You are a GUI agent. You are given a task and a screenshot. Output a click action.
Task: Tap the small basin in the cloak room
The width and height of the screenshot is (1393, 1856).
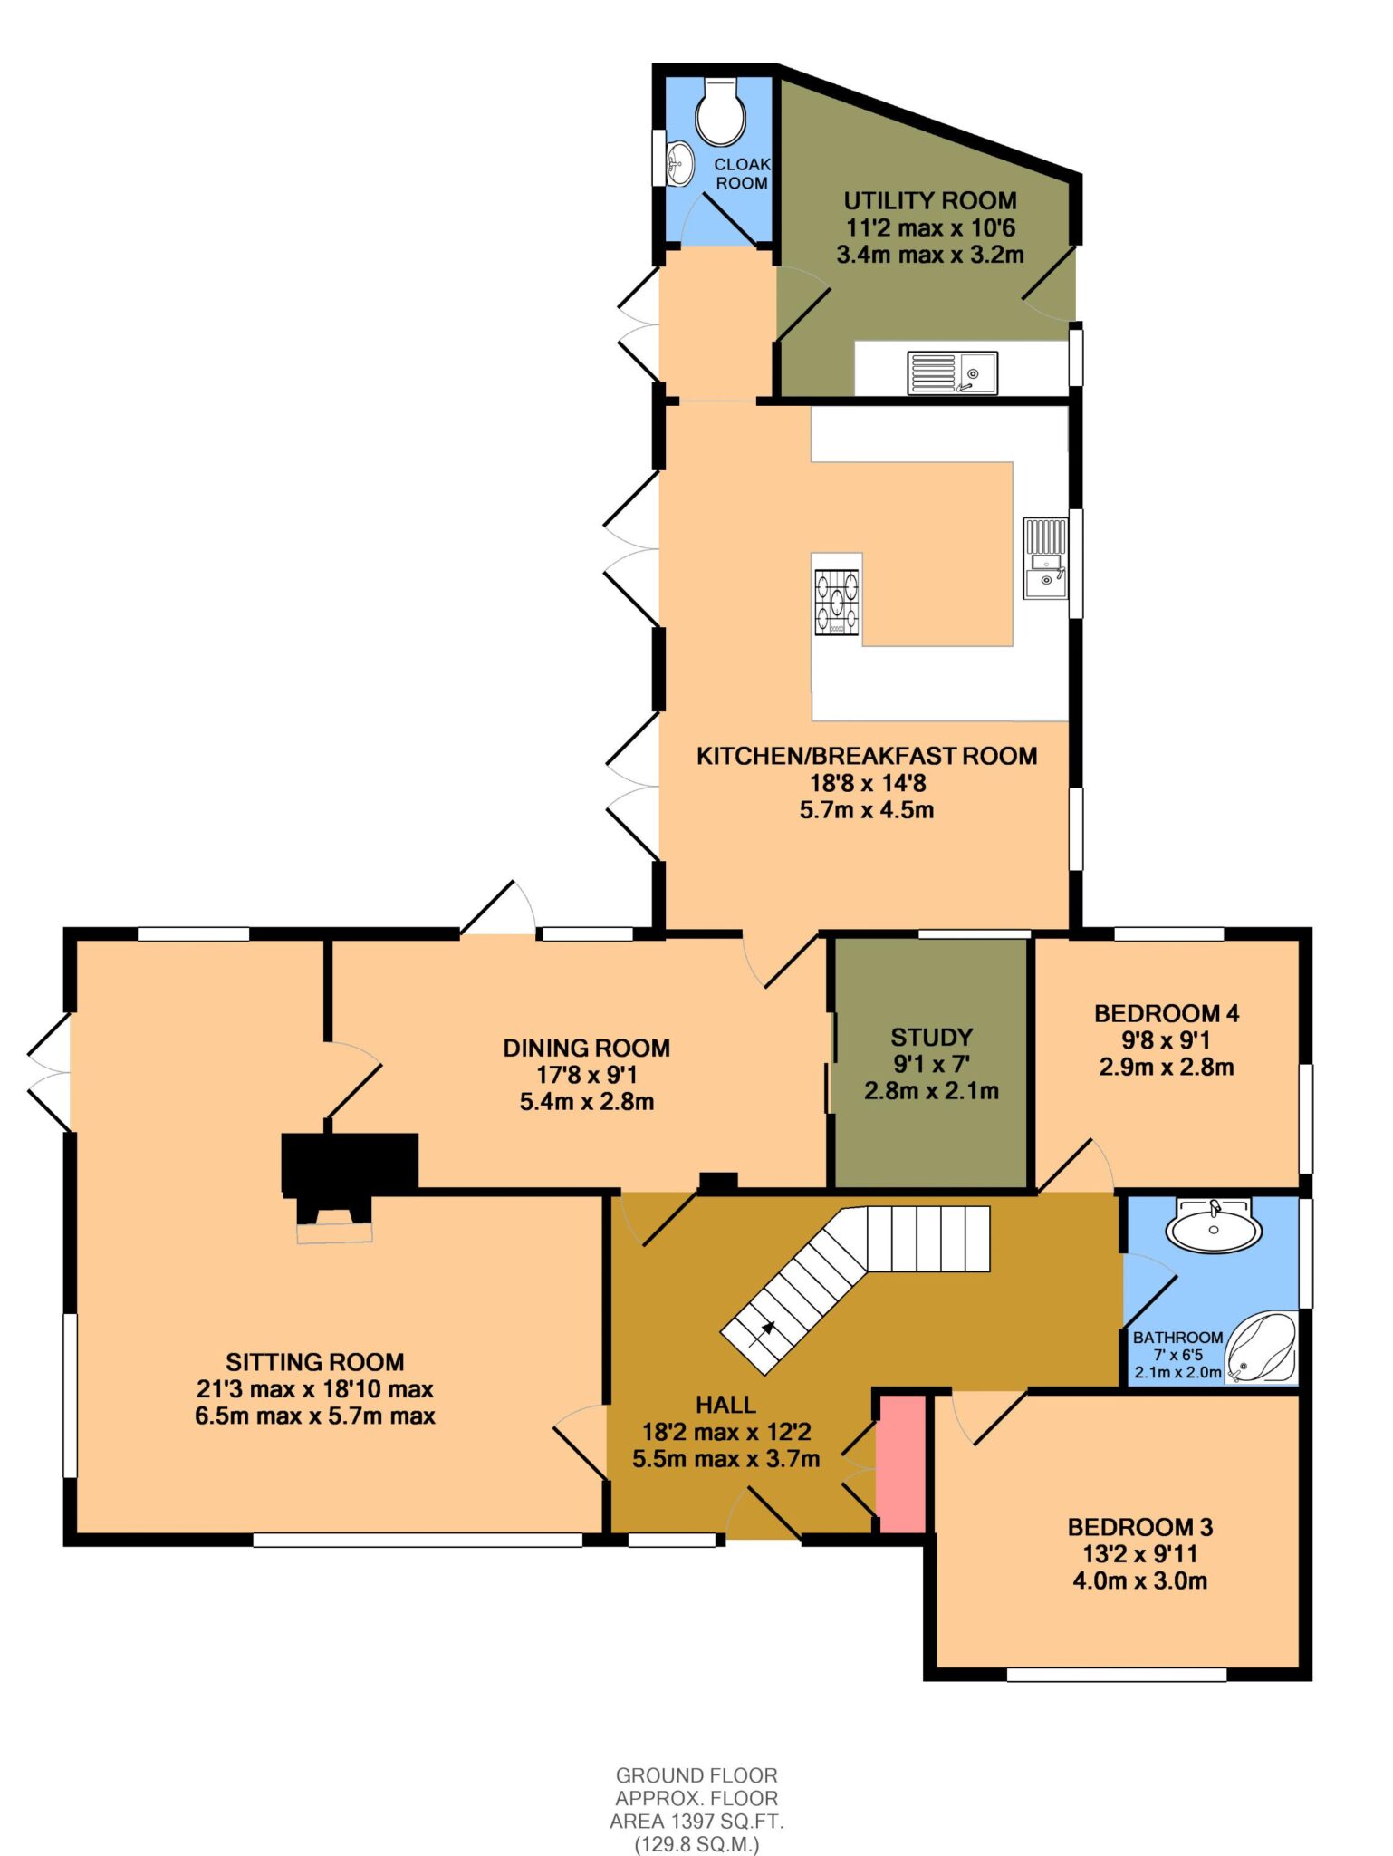[x=679, y=163]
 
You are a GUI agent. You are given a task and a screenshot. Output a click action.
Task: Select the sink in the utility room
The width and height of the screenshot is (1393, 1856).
[x=953, y=373]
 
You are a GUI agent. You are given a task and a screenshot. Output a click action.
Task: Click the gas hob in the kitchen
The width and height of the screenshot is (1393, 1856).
[x=837, y=601]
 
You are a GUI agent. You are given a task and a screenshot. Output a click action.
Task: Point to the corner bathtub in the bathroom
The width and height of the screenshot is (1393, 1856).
[x=1261, y=1348]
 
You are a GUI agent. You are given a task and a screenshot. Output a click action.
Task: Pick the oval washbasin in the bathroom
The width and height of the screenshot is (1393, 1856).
[x=1213, y=1225]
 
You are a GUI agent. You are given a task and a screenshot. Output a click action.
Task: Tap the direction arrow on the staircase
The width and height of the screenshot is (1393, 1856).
[x=767, y=1329]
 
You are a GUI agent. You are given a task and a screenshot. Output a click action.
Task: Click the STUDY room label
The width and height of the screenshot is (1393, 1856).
[x=931, y=1037]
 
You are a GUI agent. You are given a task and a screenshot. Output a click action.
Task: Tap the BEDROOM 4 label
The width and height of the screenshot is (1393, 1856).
[x=1167, y=1013]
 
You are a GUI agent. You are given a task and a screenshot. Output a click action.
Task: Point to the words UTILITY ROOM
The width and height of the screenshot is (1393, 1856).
[x=930, y=200]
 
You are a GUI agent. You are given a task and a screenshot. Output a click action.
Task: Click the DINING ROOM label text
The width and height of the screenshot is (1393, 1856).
[x=587, y=1048]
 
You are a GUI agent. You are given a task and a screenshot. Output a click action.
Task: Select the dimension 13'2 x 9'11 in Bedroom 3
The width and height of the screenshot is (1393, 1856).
[x=1140, y=1553]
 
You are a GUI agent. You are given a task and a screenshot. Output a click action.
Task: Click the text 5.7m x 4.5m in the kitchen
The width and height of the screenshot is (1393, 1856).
[x=867, y=809]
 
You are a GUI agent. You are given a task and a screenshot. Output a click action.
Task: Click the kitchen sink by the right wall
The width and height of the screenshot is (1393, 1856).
[x=1046, y=558]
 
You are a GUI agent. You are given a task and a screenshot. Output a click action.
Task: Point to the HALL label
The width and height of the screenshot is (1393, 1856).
[x=725, y=1405]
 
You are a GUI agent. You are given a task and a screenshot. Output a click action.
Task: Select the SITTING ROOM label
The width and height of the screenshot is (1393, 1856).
[x=315, y=1362]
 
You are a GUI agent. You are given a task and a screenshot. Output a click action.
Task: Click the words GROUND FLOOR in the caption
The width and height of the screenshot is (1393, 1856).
[x=696, y=1775]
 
